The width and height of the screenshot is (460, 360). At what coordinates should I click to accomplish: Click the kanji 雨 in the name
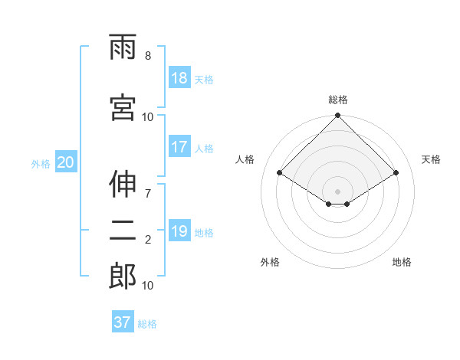123,50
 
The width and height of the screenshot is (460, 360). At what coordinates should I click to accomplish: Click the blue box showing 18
179,78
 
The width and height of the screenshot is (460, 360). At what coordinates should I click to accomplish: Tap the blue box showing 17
179,147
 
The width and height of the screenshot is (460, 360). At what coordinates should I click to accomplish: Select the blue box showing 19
179,231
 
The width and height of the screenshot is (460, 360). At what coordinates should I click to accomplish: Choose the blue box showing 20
66,162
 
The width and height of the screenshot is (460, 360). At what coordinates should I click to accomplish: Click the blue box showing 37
123,322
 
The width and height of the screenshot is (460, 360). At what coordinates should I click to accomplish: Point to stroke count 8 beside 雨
148,56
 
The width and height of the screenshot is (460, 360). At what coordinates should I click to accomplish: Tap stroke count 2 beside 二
148,240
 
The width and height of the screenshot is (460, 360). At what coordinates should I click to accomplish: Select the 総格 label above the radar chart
337,100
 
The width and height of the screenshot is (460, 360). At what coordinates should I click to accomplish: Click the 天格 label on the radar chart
431,159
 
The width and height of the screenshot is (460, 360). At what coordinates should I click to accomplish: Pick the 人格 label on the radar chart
245,159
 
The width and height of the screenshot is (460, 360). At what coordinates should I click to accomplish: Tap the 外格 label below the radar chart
270,262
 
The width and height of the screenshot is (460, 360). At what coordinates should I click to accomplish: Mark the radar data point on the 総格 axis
337,116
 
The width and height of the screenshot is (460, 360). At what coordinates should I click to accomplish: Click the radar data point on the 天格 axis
396,173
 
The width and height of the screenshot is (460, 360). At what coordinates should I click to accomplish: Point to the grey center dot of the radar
337,190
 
